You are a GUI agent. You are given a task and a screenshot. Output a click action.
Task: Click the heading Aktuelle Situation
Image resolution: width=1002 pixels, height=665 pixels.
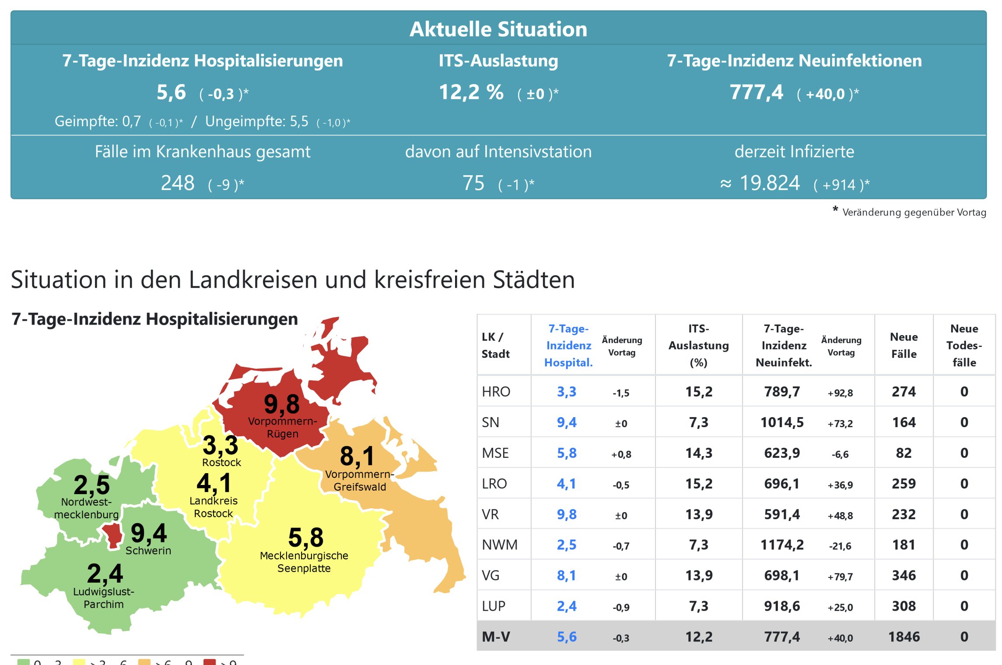[x=498, y=29]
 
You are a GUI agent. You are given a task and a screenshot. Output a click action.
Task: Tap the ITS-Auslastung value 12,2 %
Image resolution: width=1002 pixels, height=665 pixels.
[x=471, y=92]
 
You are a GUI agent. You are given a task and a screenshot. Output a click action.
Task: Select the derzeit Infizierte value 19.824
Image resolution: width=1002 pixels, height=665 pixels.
[x=770, y=183]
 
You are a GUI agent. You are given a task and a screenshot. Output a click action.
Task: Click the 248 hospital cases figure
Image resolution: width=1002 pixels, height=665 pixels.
[x=178, y=183]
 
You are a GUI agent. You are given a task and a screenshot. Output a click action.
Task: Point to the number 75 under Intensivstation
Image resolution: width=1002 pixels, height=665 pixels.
[x=473, y=183]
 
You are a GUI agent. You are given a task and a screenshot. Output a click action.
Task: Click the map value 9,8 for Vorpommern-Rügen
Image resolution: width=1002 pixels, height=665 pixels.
[x=282, y=404]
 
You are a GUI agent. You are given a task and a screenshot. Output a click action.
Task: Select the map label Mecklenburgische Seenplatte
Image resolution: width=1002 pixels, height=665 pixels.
[x=304, y=562]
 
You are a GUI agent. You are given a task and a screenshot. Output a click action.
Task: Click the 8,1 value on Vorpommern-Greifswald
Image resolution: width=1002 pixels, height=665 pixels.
[x=357, y=456]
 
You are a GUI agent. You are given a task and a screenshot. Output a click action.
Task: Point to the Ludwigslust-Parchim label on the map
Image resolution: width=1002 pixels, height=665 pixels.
[x=104, y=598]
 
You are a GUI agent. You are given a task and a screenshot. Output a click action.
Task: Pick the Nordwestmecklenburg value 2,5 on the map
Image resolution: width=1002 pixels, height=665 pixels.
[x=91, y=485]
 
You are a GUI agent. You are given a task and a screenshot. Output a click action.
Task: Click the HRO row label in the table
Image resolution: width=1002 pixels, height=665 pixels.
[x=496, y=392]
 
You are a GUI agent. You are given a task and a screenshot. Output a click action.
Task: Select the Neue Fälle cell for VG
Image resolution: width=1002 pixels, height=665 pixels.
[x=904, y=575]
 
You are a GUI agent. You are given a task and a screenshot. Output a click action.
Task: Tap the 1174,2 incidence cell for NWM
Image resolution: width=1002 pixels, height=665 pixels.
[x=782, y=545]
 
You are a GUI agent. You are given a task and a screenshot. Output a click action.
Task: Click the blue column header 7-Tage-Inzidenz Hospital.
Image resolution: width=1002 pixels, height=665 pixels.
[x=568, y=345]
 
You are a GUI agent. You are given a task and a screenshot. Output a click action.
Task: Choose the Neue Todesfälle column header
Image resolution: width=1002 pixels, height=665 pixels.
[x=964, y=345]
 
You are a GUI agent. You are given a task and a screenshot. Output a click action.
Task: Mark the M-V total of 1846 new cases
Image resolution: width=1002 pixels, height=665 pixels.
[x=904, y=637]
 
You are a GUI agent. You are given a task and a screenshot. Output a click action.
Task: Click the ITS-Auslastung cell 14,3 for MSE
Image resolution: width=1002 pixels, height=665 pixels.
[x=698, y=453]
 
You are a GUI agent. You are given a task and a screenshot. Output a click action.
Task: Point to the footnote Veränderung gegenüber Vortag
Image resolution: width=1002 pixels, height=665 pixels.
[x=914, y=212]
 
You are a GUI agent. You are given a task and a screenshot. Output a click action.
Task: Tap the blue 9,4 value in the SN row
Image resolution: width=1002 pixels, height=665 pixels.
[x=566, y=422]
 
